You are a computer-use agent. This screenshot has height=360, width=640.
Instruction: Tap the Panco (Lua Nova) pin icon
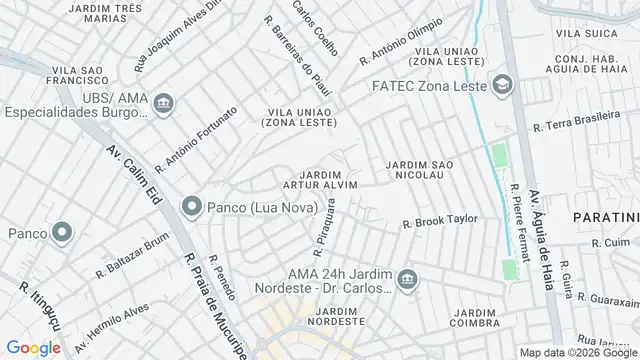(191, 207)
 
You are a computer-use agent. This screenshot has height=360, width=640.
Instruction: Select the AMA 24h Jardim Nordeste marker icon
(405, 277)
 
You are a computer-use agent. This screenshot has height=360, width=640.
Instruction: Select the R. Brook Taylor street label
(439, 222)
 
